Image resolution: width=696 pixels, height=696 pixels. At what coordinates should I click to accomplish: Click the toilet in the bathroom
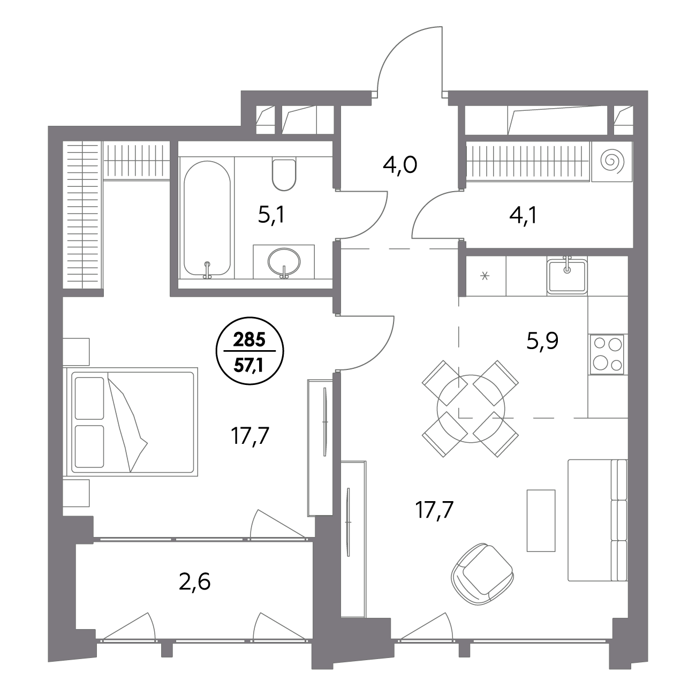click(x=284, y=175)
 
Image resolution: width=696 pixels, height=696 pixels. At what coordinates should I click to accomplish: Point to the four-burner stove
click(x=607, y=354)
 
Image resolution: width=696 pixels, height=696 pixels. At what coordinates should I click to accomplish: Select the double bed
click(x=131, y=422)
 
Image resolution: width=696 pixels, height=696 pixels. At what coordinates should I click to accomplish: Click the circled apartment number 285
click(x=249, y=340)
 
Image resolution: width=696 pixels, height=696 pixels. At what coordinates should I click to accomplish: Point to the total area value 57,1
click(x=249, y=366)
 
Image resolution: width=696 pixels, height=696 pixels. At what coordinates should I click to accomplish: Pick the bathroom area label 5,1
click(x=271, y=216)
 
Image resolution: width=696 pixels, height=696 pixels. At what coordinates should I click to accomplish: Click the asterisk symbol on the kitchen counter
click(x=485, y=276)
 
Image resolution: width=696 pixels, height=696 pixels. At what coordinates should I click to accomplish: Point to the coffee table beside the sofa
click(x=541, y=520)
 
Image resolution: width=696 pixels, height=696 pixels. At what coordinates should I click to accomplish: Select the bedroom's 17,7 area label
click(x=250, y=437)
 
